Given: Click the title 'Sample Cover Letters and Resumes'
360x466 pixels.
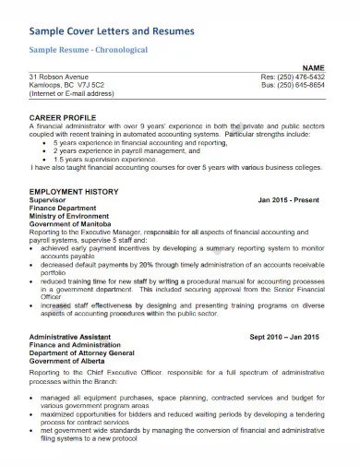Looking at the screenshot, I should coord(113,31).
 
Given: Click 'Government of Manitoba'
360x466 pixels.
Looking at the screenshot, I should coord(69,223).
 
